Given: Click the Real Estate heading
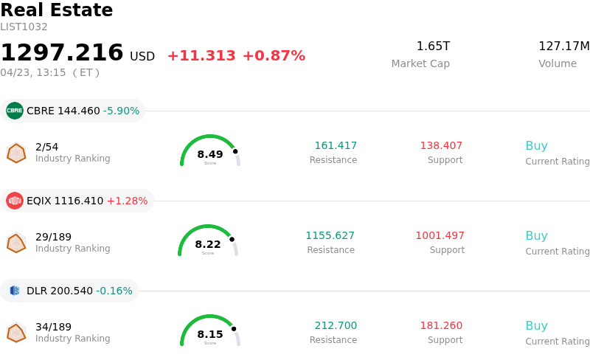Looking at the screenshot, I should point(57,10).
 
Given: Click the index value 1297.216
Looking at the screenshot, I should point(62,53).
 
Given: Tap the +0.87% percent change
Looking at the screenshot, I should point(274,56).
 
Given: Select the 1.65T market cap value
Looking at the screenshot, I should point(433,46).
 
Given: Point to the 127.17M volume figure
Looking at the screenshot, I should point(563,46).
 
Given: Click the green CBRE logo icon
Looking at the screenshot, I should point(15,111).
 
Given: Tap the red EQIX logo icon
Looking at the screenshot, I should point(15,201).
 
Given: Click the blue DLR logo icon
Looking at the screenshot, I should point(15,291).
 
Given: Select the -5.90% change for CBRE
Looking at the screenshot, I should point(121,111).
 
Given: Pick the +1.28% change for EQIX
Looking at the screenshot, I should point(127,201).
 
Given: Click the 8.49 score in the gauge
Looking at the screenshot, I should point(210,154).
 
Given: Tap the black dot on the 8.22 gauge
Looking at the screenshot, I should point(232,239).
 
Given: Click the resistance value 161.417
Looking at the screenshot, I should point(336,145).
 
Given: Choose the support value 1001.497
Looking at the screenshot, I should point(440,235).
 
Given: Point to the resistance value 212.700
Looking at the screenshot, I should point(336,325).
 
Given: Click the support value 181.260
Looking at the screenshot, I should point(441,325).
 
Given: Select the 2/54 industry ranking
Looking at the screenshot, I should point(46,146).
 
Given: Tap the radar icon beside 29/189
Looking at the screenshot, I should point(16,243).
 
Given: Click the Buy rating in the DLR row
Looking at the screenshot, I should point(536,325).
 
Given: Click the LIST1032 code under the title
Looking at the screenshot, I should point(24,27).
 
